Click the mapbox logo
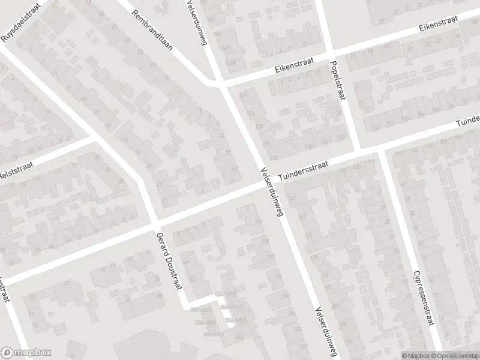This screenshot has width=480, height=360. pos(26,352)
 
